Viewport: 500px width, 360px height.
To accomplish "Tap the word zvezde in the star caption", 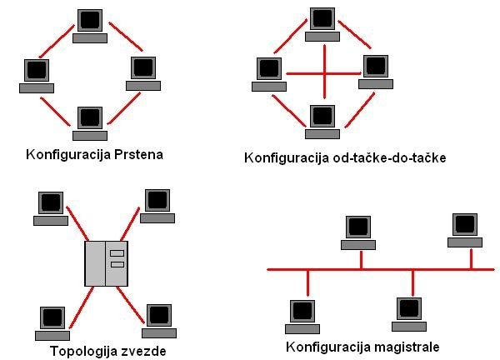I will (x=142, y=350).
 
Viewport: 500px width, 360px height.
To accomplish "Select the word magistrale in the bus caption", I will (x=405, y=346).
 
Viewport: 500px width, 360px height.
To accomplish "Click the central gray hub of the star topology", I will (x=106, y=262).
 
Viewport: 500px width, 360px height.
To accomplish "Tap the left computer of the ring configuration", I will (x=36, y=74).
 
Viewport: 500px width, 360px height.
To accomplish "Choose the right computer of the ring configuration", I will (x=144, y=72).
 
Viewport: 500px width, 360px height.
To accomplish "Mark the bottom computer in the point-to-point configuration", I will (x=322, y=120).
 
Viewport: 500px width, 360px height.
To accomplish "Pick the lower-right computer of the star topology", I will (x=157, y=320).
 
